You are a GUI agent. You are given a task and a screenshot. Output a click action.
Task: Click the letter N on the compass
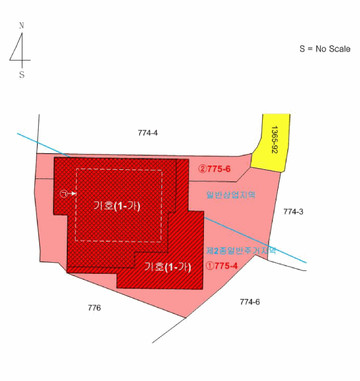pyautogui.click(x=22, y=25)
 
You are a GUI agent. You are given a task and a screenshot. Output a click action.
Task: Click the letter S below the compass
pyautogui.click(x=22, y=75)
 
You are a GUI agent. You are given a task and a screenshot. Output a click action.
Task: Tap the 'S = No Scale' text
pyautogui.click(x=325, y=49)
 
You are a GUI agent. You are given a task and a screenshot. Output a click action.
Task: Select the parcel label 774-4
pyautogui.click(x=147, y=133)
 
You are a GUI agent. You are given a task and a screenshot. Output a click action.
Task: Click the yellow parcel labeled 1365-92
pyautogui.click(x=270, y=143)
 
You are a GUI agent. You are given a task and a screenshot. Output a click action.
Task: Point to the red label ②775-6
pyautogui.click(x=214, y=169)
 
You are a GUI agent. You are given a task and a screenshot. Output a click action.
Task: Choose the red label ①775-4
pyautogui.click(x=221, y=266)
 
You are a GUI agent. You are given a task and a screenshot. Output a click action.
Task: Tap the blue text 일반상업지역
pyautogui.click(x=231, y=195)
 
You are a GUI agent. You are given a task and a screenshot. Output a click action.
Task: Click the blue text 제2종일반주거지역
pyautogui.click(x=241, y=250)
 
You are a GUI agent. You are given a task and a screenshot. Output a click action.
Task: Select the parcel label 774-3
pyautogui.click(x=293, y=212)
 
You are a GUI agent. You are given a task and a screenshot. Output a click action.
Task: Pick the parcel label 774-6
pyautogui.click(x=250, y=302)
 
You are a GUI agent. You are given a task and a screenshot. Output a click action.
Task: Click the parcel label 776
pyautogui.click(x=94, y=308)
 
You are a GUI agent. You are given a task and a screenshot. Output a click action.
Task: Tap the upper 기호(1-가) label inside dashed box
pyautogui.click(x=117, y=206)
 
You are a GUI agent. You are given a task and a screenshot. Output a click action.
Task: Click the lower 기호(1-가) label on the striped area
pyautogui.click(x=167, y=267)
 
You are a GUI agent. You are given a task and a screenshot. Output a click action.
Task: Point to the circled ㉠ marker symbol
pyautogui.click(x=64, y=194)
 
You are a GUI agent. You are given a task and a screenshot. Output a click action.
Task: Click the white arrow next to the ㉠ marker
pyautogui.click(x=72, y=194)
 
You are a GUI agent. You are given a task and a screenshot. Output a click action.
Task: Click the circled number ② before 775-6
pyautogui.click(x=202, y=169)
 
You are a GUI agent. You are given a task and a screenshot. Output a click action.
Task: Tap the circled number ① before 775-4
pyautogui.click(x=209, y=266)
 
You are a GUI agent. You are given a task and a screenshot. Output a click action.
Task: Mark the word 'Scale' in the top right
pyautogui.click(x=338, y=49)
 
